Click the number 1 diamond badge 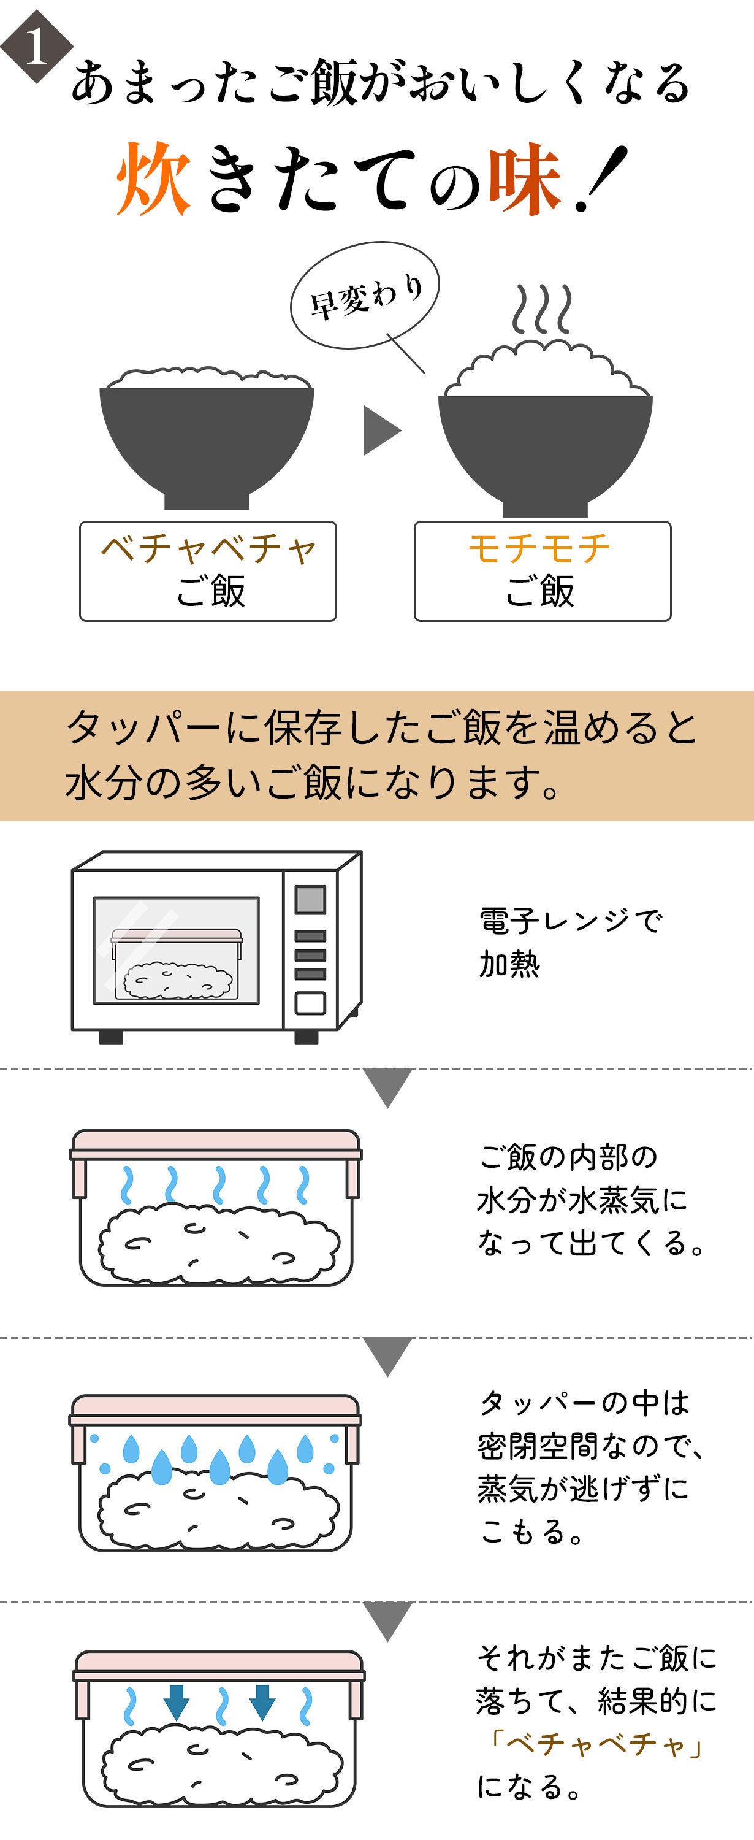pos(35,47)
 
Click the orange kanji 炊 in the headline pos(153,178)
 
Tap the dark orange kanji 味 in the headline pos(524,178)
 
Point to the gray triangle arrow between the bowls pos(381,430)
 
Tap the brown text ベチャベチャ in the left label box pos(208,548)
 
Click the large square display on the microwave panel pos(310,899)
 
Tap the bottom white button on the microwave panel pos(310,1003)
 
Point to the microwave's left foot pos(111,1037)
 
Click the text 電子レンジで pos(569,921)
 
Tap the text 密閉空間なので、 pos(590,1446)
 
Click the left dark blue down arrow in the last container pos(177,1701)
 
